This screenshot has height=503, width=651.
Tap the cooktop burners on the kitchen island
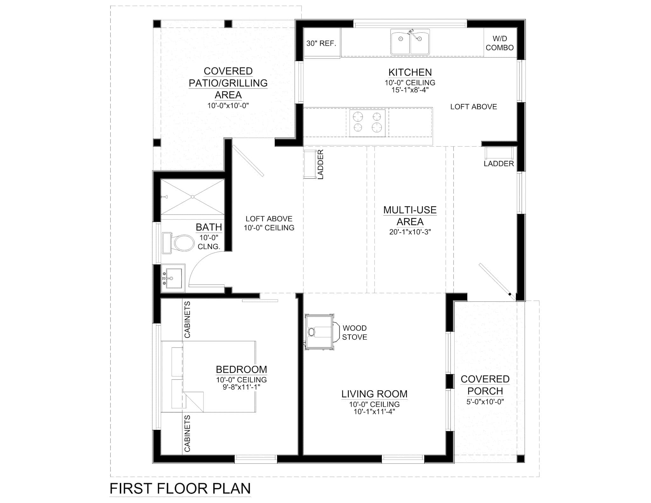point(367,123)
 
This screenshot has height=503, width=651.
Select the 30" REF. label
point(321,44)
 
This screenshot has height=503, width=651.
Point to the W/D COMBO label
point(500,43)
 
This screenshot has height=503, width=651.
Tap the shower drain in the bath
point(193,197)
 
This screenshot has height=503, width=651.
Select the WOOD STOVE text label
point(354,333)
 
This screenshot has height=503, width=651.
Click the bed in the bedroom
point(208,377)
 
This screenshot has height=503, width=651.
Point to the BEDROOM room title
point(241,369)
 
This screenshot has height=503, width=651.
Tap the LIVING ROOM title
point(374,394)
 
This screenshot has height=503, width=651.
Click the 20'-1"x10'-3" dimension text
point(410,232)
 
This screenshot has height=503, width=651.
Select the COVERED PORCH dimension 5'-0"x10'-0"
point(485,402)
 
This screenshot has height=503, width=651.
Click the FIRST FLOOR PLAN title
point(180,488)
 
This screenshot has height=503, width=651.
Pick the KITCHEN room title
point(410,72)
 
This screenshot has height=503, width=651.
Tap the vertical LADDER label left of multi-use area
point(320,164)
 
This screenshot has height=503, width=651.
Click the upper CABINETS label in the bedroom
point(187,320)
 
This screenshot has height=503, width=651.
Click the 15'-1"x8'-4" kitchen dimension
point(410,90)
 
